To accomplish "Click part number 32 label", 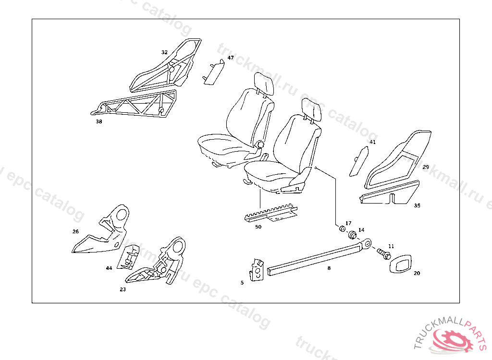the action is pyautogui.click(x=164, y=52).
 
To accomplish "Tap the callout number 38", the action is pyautogui.click(x=98, y=122).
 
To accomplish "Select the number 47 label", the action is pyautogui.click(x=231, y=58).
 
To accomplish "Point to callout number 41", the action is pyautogui.click(x=372, y=142).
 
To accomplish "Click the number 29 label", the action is pyautogui.click(x=426, y=168).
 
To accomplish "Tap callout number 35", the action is pyautogui.click(x=417, y=205).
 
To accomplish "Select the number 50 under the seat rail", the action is pyautogui.click(x=258, y=227).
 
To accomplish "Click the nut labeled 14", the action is pyautogui.click(x=352, y=236).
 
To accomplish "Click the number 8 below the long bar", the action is pyautogui.click(x=329, y=268).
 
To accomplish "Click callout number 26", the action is pyautogui.click(x=75, y=231).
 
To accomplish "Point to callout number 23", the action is pyautogui.click(x=123, y=290).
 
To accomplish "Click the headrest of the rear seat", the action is pyautogui.click(x=264, y=84).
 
